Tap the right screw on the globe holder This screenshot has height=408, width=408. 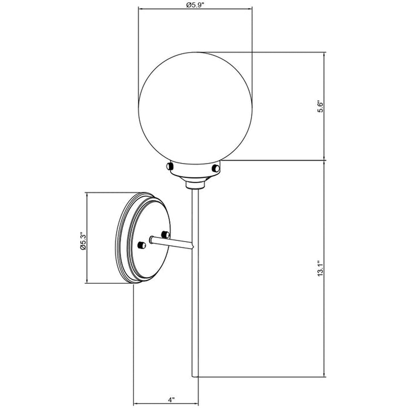tap(216, 168)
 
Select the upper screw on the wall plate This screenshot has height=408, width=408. tap(165, 234)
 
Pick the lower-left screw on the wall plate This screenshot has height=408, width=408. tap(141, 245)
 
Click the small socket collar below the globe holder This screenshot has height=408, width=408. tap(195, 185)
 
